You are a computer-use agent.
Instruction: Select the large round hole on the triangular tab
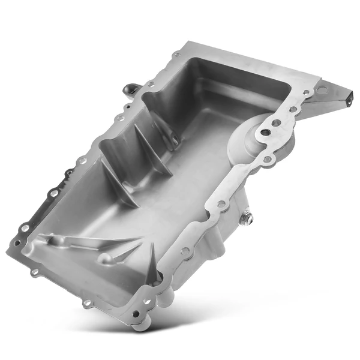pos(322,91)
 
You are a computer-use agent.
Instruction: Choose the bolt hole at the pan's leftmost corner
pos(17,243)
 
